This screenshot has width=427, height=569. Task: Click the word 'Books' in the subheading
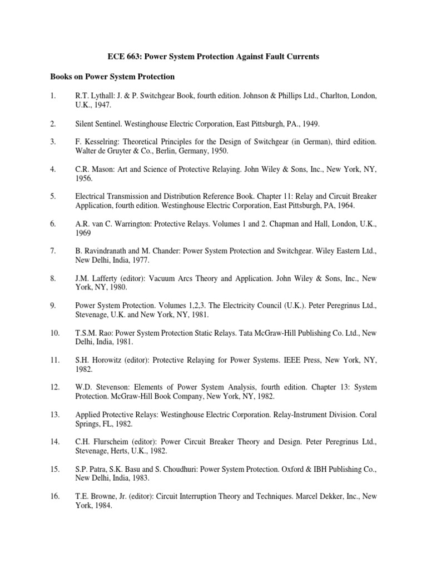click(61, 76)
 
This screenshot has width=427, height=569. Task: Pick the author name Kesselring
click(101, 142)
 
